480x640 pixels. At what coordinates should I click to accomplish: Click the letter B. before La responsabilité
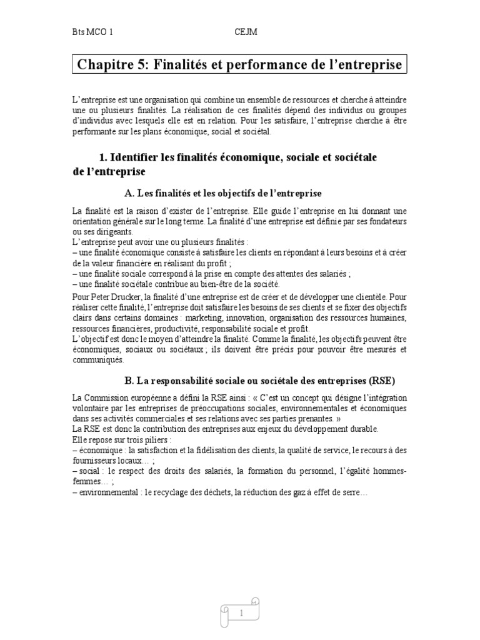[129, 380]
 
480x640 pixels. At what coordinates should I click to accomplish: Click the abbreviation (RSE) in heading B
[382, 380]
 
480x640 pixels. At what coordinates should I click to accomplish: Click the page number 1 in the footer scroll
[240, 614]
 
